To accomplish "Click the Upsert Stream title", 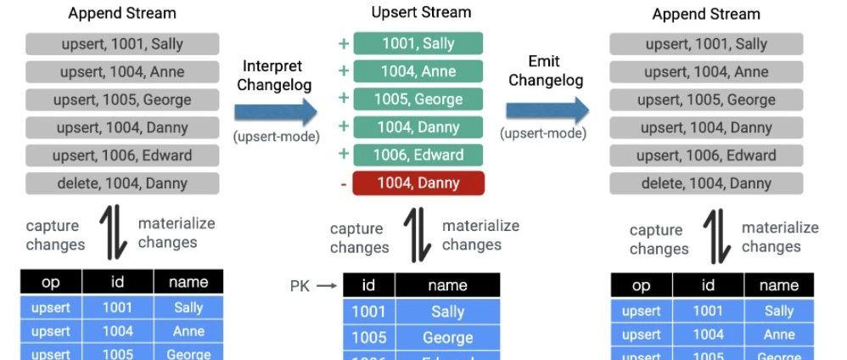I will tap(421, 13).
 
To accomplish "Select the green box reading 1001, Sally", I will tap(418, 44).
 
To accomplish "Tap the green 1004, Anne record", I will tap(418, 71).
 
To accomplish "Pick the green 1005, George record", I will tap(418, 99).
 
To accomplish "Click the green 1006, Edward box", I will tap(418, 155).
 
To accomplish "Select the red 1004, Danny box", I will tap(418, 183).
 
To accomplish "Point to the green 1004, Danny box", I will tap(418, 127).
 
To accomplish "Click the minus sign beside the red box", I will tap(343, 183).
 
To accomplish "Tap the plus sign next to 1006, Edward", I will tap(343, 155).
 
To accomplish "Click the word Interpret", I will tap(273, 66).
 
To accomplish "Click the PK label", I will tap(300, 286).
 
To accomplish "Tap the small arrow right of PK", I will tap(328, 286).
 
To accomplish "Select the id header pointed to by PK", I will tap(369, 286).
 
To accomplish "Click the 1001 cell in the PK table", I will tap(369, 312).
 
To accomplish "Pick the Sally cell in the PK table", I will tap(447, 312).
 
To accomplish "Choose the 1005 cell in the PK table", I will tap(369, 338).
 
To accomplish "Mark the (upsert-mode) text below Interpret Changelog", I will tap(276, 136).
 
